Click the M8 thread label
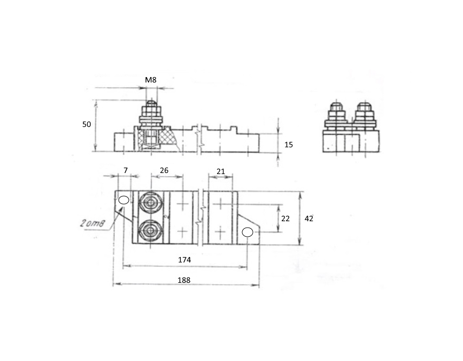tap(151, 80)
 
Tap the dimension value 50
tap(87, 125)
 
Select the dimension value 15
tap(289, 145)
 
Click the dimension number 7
tap(126, 170)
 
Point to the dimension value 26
tap(164, 170)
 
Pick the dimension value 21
tap(221, 171)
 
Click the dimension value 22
tap(285, 219)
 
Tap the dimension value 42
tap(308, 219)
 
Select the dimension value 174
tap(184, 260)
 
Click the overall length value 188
tap(184, 280)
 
